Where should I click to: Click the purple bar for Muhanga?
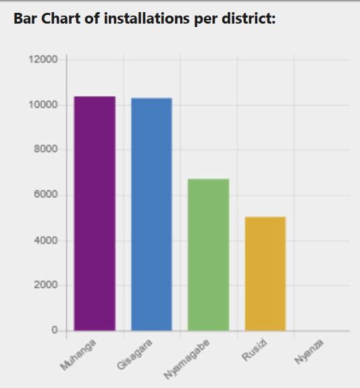click(95, 213)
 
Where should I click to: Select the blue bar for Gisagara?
click(151, 214)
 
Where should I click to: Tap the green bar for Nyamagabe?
click(208, 254)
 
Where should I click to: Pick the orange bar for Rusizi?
click(265, 273)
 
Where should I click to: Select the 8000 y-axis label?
click(45, 150)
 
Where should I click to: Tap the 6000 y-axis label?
click(45, 195)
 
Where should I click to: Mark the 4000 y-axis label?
click(45, 240)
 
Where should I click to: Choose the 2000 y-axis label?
click(45, 285)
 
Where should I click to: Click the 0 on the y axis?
click(53, 331)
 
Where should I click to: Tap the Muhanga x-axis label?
click(79, 356)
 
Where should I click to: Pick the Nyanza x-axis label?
click(309, 354)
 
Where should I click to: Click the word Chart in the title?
click(59, 19)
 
